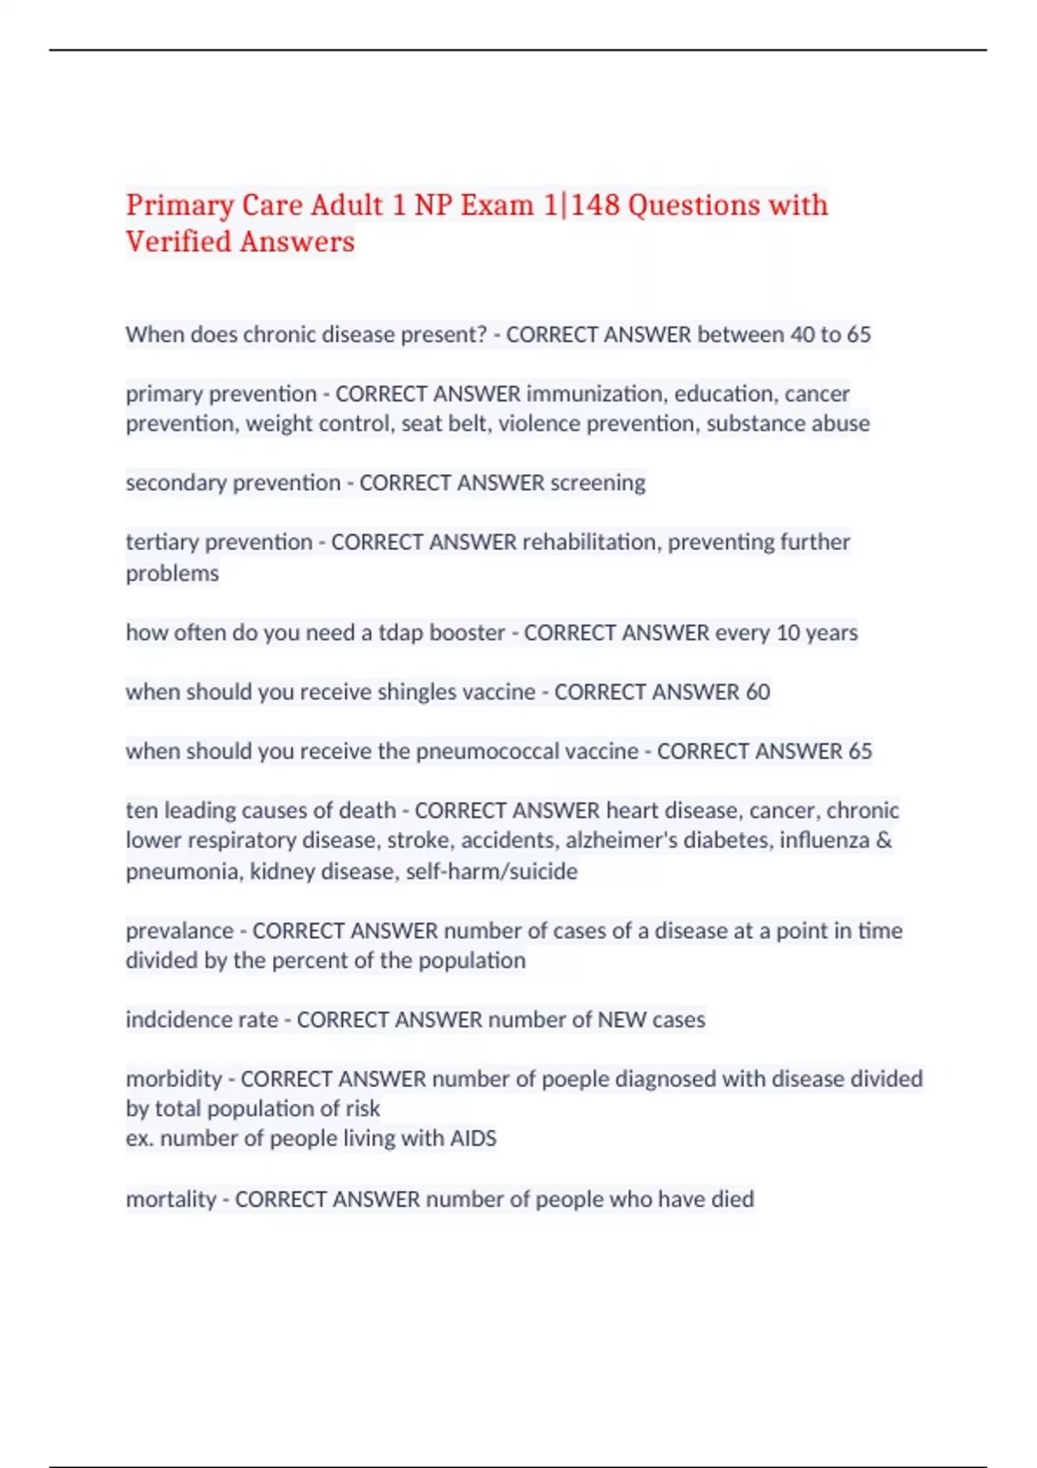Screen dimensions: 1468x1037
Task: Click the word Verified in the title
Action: pos(179,242)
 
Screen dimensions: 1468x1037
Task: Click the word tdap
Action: pos(401,633)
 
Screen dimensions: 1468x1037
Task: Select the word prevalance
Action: pos(180,931)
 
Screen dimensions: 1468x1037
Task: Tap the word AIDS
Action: pos(473,1139)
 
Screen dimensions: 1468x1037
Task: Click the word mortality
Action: pos(171,1199)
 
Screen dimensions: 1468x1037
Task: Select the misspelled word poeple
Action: pos(576,1079)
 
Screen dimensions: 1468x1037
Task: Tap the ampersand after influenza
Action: pos(883,840)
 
